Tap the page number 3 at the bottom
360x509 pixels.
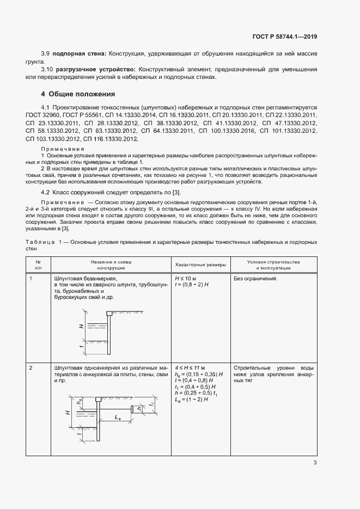click(315, 463)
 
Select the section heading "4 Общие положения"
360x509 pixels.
click(75, 94)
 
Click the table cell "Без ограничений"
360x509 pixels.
click(254, 278)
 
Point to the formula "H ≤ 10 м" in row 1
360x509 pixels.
click(186, 278)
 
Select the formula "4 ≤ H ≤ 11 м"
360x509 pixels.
click(190, 368)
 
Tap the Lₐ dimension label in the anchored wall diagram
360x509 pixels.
click(118, 417)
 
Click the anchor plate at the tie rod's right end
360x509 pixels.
click(131, 409)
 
